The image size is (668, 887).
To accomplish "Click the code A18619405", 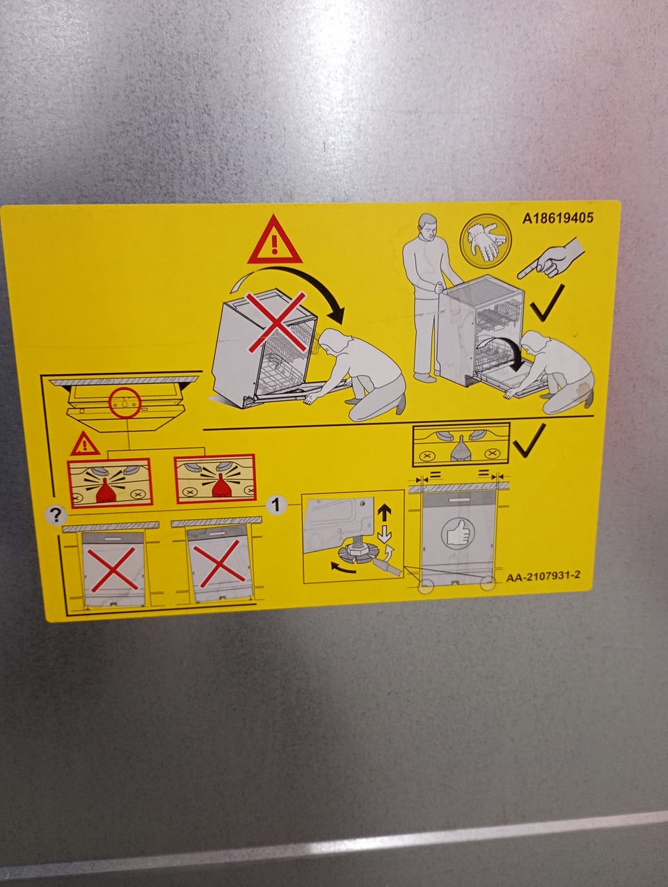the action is pyautogui.click(x=557, y=218).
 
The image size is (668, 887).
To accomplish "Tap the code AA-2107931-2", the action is pyautogui.click(x=543, y=575).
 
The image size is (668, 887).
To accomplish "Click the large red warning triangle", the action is pyautogui.click(x=275, y=241).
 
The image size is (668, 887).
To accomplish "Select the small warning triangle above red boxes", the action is pyautogui.click(x=85, y=444).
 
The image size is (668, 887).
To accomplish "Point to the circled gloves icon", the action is pyautogui.click(x=485, y=240).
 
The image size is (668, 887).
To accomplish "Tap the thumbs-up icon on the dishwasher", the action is pyautogui.click(x=458, y=533).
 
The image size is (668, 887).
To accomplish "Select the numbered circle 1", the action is pyautogui.click(x=276, y=505).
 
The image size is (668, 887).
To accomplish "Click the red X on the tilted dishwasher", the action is pyautogui.click(x=277, y=322).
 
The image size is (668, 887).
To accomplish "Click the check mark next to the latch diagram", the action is pyautogui.click(x=529, y=440).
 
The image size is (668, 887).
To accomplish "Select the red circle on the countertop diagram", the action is pyautogui.click(x=125, y=403).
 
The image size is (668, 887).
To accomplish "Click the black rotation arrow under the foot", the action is pyautogui.click(x=343, y=568).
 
